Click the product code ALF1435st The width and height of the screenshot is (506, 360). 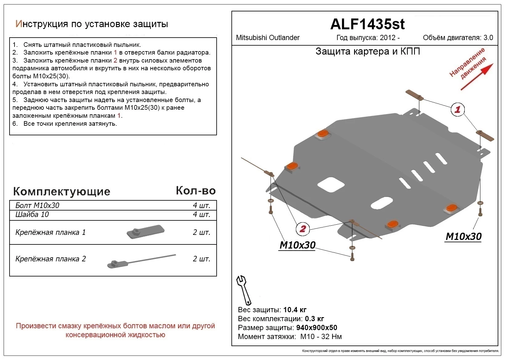[x=367, y=24]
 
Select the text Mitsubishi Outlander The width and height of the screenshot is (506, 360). [x=267, y=38]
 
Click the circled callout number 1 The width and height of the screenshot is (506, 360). [x=457, y=109]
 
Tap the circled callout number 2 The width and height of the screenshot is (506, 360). [x=302, y=229]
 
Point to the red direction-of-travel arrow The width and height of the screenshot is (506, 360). [x=477, y=77]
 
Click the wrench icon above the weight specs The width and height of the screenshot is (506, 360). [x=244, y=290]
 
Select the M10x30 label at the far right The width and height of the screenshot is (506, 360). [x=463, y=236]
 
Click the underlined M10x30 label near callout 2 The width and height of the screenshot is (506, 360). [x=297, y=245]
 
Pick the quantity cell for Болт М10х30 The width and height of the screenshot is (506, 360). [x=201, y=206]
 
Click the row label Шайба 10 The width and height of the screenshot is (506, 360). [x=32, y=215]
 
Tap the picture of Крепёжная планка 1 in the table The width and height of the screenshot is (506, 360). [x=145, y=232]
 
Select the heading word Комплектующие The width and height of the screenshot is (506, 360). [x=62, y=191]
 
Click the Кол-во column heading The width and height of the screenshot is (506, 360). [x=195, y=191]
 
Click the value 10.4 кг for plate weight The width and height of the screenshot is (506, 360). [x=295, y=310]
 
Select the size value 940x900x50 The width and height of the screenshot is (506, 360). [x=316, y=328]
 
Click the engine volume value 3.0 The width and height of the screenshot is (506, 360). [x=488, y=38]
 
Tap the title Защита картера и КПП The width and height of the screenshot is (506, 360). [x=367, y=51]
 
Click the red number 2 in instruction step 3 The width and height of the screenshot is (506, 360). [x=115, y=60]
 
